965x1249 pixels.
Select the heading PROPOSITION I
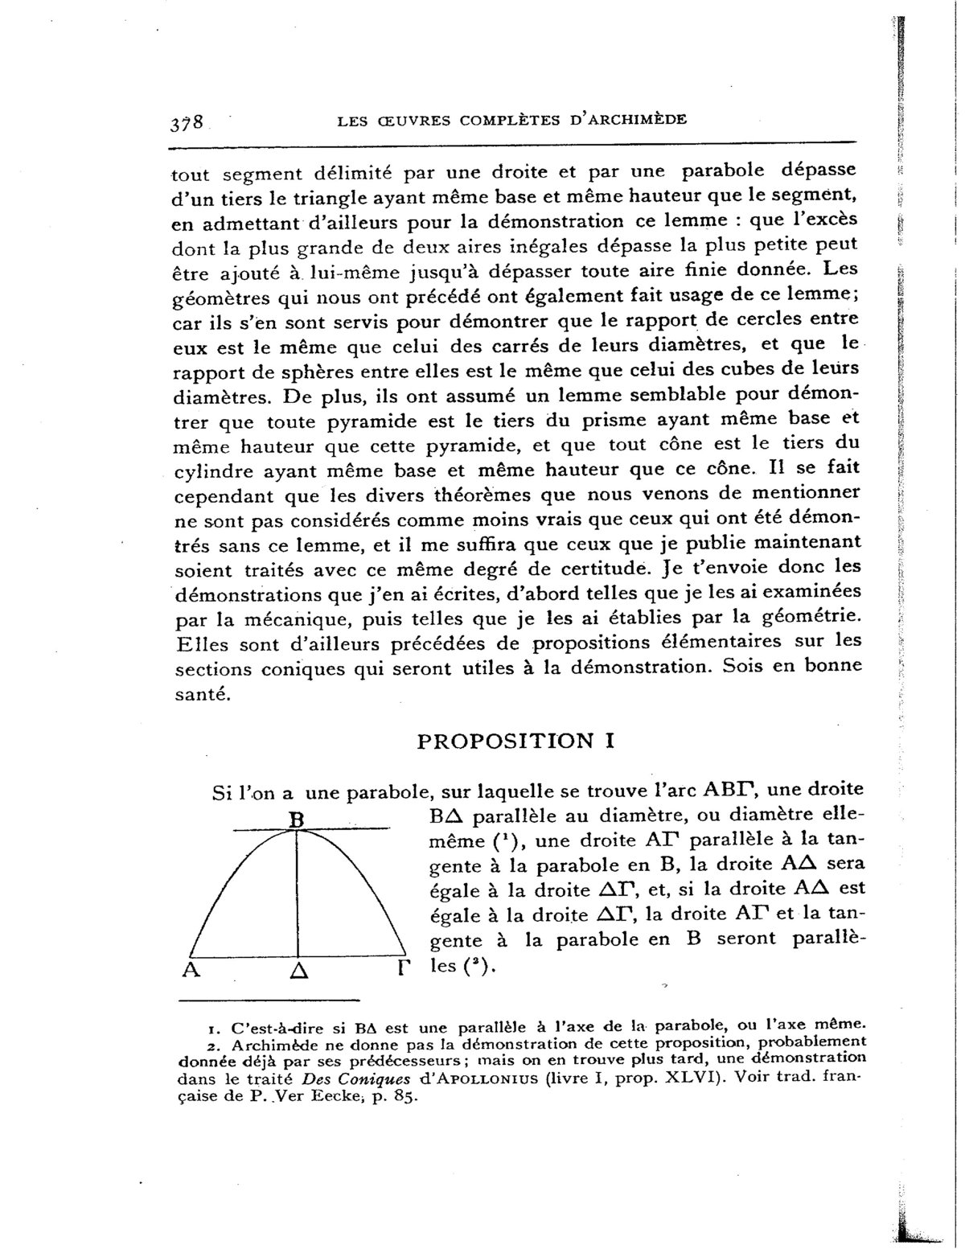pos(516,741)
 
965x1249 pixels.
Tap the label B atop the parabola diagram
pos(295,820)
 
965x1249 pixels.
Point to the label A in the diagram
pos(191,969)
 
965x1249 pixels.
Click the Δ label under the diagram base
pos(298,971)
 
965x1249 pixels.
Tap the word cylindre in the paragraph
pos(211,470)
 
